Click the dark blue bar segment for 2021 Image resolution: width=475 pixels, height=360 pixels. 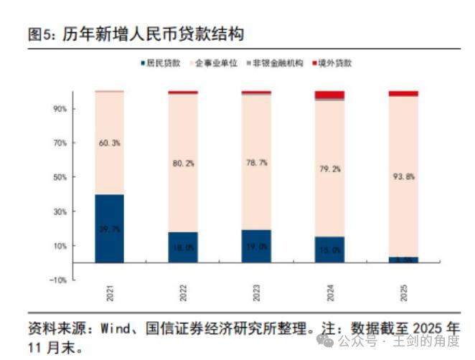pos(109,228)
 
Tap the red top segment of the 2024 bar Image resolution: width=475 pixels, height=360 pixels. pos(329,95)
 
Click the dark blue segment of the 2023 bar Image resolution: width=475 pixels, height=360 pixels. pos(255,246)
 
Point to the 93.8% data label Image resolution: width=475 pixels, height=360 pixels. pos(403,176)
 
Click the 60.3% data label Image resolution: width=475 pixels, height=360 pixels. pos(109,143)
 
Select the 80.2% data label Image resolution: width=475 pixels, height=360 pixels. pos(182,163)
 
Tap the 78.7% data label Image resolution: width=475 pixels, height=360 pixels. pos(256,162)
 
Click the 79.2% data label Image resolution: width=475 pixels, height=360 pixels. pos(329,169)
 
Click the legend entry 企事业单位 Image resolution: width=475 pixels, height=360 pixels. pos(215,63)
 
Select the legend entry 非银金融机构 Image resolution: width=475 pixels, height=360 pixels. pos(273,63)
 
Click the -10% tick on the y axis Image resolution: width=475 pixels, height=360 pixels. pos(57,280)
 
